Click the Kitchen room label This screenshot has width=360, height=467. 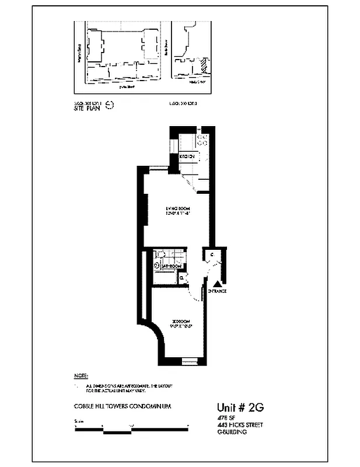(186, 156)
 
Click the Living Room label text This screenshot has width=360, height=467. (178, 208)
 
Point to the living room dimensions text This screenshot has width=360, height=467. (178, 214)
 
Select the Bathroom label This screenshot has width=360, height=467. (169, 266)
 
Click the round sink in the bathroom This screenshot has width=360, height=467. (156, 265)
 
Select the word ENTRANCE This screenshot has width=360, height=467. (216, 291)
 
